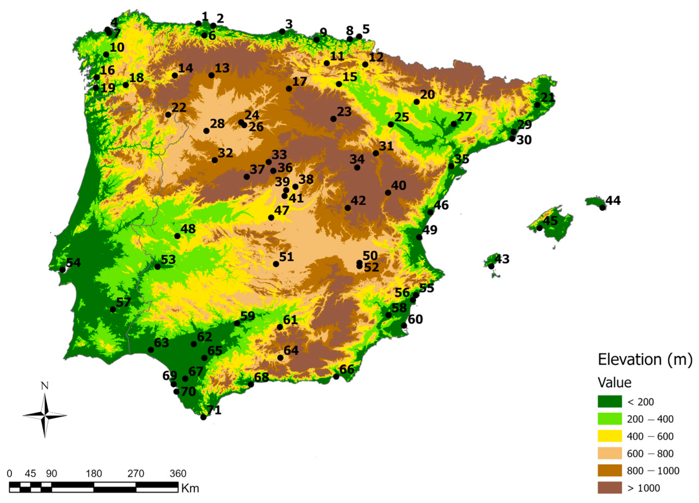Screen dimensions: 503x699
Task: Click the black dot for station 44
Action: tap(602, 208)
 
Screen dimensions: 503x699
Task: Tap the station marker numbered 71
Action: tap(203, 417)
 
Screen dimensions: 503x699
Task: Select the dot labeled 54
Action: tap(63, 270)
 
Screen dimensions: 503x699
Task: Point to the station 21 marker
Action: tap(537, 105)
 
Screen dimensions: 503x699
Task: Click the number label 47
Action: tap(282, 210)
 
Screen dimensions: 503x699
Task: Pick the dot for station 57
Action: tap(113, 309)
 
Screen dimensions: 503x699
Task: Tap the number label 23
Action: tap(344, 112)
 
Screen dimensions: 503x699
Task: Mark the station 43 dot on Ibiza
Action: tap(491, 266)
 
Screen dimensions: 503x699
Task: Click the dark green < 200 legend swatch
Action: tap(610, 401)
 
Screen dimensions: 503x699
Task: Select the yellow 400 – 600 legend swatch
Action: tap(610, 436)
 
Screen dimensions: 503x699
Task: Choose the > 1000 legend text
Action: tap(643, 488)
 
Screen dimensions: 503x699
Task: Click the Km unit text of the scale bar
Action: tap(190, 489)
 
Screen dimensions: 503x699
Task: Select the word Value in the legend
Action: tap(615, 383)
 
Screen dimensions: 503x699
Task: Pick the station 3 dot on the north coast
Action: tap(282, 32)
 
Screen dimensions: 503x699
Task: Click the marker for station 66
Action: tap(336, 377)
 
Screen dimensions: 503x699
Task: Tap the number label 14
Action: tap(186, 68)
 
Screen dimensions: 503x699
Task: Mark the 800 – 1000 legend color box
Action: tap(610, 471)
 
